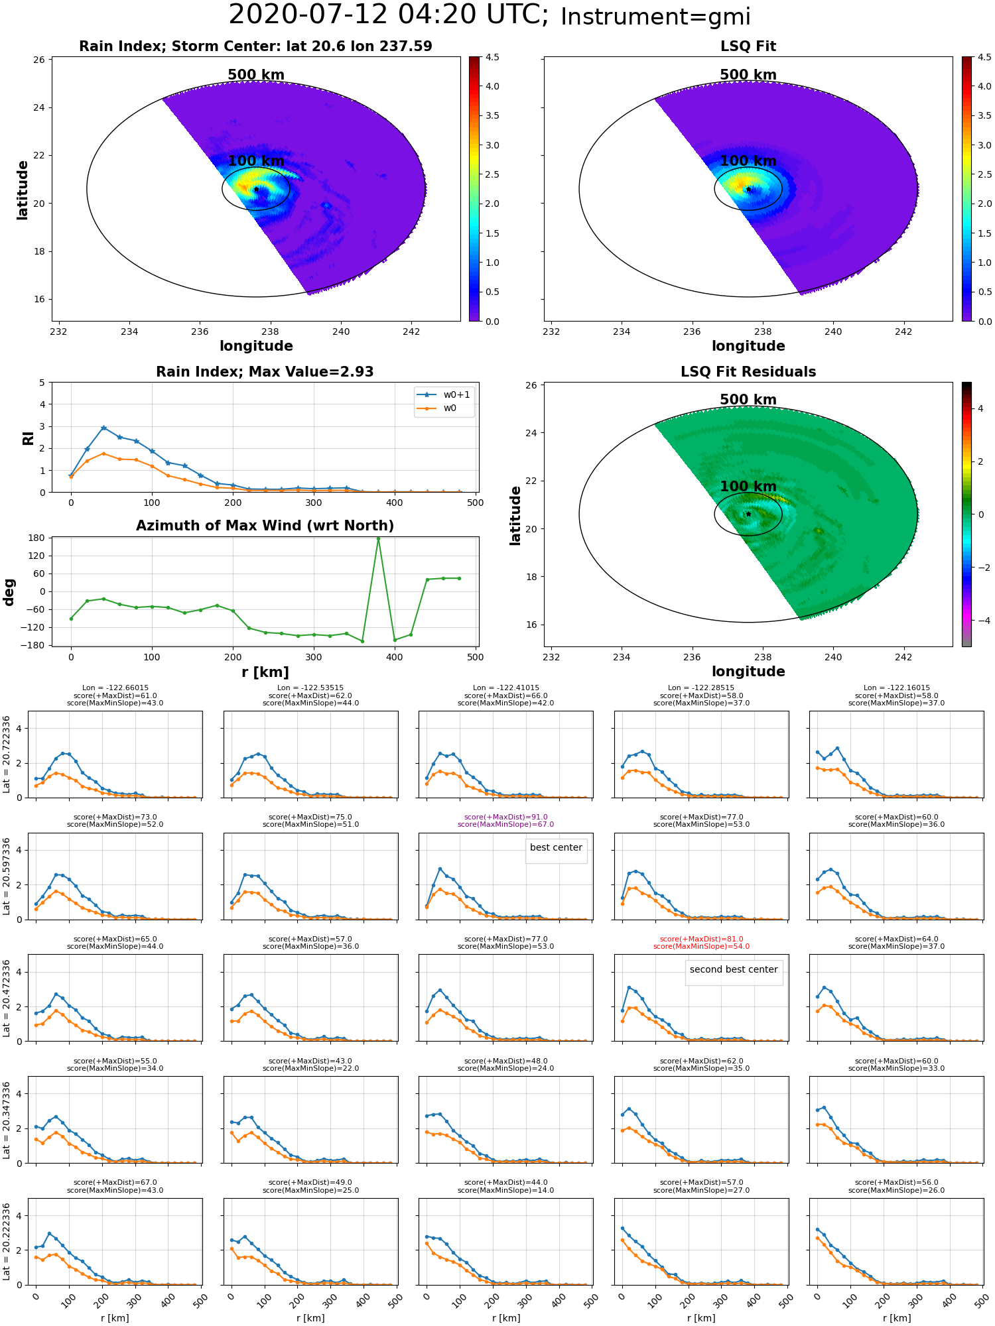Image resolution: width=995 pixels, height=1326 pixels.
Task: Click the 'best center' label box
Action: point(556,848)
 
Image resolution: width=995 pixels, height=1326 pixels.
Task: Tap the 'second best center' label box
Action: point(734,970)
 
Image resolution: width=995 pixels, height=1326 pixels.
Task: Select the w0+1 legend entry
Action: point(444,394)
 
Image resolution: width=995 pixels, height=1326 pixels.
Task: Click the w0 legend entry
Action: point(444,408)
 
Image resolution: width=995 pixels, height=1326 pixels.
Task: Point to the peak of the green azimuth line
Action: point(378,538)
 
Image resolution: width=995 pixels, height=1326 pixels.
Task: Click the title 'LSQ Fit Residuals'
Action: point(748,372)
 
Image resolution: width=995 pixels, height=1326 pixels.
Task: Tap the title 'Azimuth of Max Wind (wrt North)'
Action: point(265,526)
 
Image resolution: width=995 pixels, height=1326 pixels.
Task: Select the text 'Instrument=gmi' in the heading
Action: point(655,17)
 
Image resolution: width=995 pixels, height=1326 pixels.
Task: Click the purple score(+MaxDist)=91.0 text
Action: point(505,817)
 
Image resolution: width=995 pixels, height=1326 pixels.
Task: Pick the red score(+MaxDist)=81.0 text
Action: point(701,939)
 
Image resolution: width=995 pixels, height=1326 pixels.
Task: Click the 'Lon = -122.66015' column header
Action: point(115,688)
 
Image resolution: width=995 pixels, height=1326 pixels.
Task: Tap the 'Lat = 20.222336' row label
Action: point(7,1242)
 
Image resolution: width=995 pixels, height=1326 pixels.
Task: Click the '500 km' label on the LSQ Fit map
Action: point(748,75)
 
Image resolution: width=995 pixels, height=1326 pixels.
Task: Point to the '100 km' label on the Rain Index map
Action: point(256,161)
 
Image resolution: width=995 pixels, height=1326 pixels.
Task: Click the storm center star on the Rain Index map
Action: point(256,190)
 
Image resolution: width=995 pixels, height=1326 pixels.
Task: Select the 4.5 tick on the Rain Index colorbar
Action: point(492,57)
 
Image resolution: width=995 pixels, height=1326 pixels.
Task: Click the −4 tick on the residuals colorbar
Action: point(980,621)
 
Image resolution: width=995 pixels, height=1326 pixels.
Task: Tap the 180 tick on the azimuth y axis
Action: point(37,538)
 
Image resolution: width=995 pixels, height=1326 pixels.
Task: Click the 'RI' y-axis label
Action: point(28,438)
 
